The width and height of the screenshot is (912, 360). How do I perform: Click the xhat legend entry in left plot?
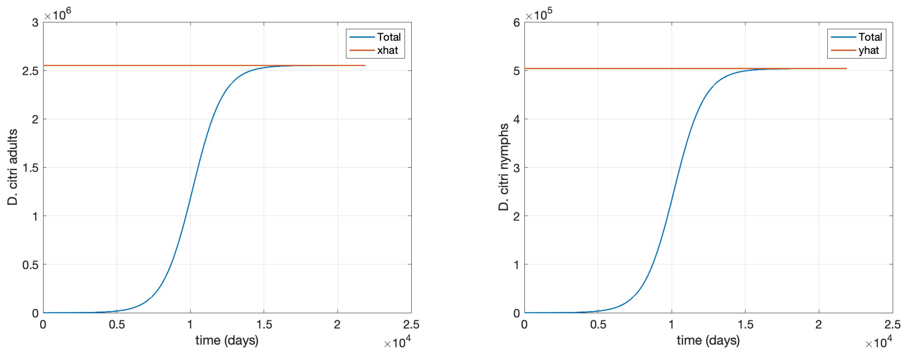click(387, 50)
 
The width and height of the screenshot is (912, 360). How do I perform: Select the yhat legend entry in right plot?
click(869, 50)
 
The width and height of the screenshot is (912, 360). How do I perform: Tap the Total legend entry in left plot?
click(388, 37)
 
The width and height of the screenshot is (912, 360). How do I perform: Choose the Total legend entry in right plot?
click(870, 37)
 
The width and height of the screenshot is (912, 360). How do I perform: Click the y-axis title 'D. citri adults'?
click(12, 167)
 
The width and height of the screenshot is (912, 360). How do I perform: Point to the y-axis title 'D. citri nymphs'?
click(503, 167)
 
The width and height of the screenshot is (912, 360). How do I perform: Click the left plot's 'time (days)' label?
click(227, 340)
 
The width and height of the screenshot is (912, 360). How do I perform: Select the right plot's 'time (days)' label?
click(708, 340)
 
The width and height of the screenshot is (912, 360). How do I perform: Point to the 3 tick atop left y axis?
click(35, 23)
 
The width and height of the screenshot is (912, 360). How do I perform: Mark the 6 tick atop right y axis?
click(516, 23)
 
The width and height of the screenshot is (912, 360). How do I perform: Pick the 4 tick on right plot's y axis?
click(516, 119)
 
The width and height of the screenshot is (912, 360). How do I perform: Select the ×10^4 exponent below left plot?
click(397, 342)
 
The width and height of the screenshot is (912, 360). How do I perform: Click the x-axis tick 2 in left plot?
click(337, 324)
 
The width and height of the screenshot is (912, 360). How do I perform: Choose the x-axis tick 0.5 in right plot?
click(598, 324)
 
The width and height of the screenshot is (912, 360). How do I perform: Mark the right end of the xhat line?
click(365, 66)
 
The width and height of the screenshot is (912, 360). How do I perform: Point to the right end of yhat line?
click(846, 68)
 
